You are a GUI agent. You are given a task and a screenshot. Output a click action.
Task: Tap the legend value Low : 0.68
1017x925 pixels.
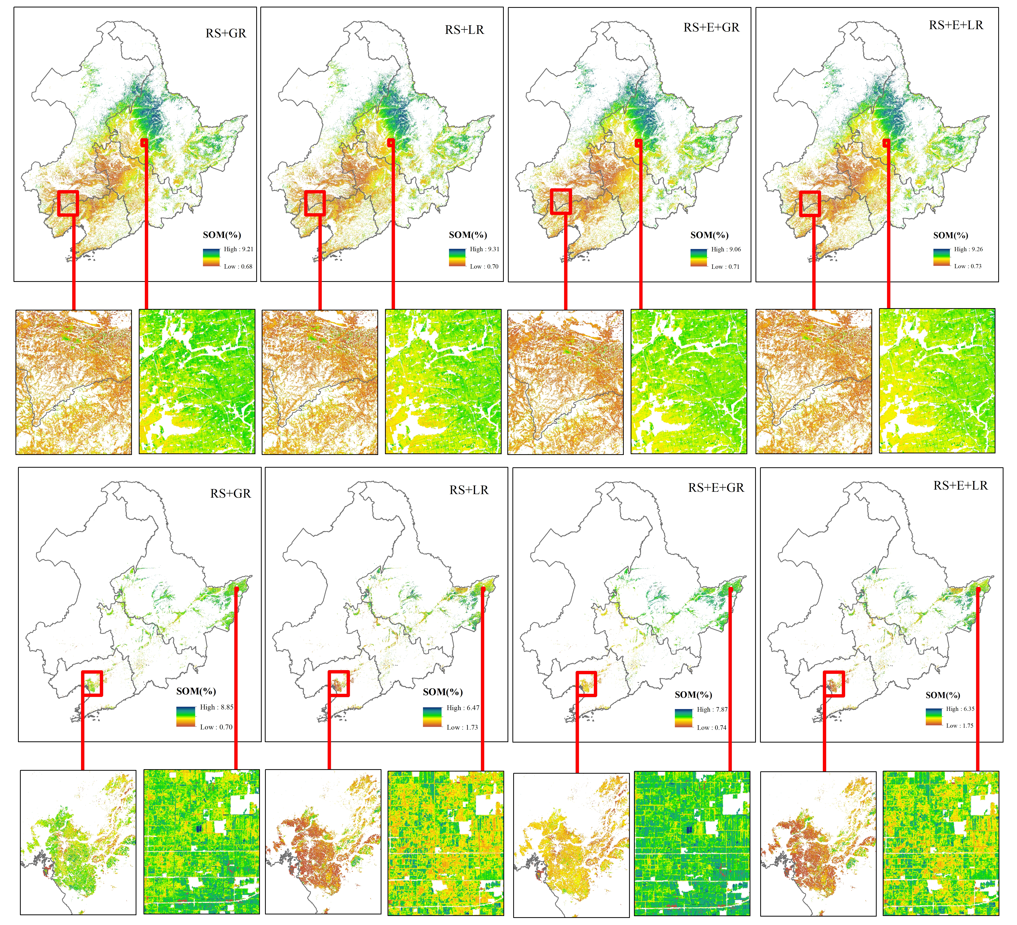click(x=238, y=266)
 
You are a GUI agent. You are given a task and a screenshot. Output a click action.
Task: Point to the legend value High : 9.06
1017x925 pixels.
click(x=726, y=249)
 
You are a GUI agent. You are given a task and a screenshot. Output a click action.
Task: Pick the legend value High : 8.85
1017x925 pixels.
click(x=216, y=707)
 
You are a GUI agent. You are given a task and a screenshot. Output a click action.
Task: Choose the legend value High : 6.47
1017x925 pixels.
click(x=463, y=708)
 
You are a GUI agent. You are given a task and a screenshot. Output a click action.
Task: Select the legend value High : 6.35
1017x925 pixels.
click(x=960, y=708)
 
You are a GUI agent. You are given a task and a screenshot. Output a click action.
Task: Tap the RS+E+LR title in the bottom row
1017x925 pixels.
click(x=960, y=486)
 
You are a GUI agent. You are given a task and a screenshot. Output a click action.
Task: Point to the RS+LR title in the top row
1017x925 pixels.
click(x=464, y=30)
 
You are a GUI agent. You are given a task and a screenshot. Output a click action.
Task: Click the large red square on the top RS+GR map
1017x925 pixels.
click(x=68, y=203)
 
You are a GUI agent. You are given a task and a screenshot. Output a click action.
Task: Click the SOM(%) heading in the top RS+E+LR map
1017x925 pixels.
click(x=950, y=235)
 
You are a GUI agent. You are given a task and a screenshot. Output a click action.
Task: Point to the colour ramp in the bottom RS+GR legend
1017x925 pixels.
click(x=186, y=717)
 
